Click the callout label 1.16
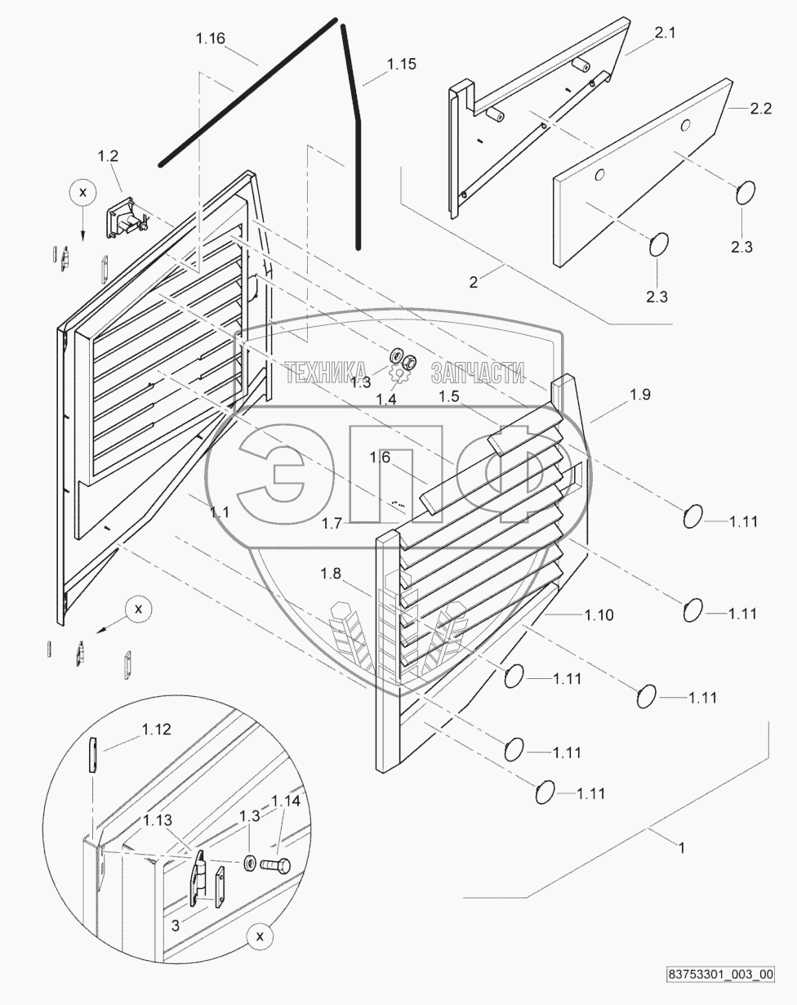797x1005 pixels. click(x=210, y=38)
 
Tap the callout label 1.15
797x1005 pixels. click(x=401, y=64)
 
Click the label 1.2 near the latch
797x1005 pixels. click(x=108, y=155)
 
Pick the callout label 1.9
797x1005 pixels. click(x=640, y=395)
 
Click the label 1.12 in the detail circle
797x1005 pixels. click(x=157, y=730)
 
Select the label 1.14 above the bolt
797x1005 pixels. click(x=286, y=801)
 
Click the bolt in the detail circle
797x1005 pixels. click(x=275, y=865)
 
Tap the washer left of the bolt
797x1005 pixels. click(x=248, y=862)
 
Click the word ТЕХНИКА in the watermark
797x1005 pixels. click(x=327, y=373)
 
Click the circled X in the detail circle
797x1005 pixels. click(x=260, y=938)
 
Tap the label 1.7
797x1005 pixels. click(x=332, y=523)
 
